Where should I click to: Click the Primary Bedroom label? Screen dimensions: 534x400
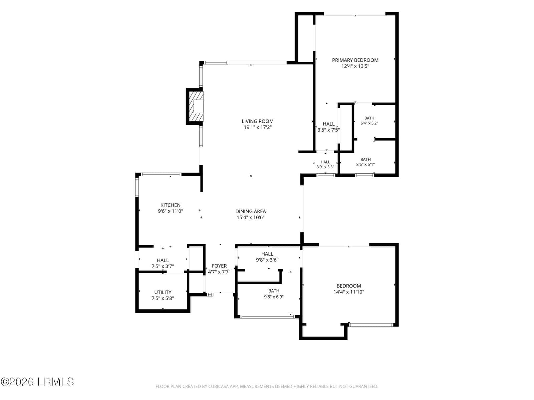coord(355,60)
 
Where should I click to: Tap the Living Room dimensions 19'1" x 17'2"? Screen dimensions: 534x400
coord(257,127)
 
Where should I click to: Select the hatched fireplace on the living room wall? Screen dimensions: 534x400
coord(196,107)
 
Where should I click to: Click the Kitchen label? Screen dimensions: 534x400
coord(170,205)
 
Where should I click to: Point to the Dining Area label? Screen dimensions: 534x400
coord(251,211)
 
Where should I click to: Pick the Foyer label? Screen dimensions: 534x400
coord(219,266)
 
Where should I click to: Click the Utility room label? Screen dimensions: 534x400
coord(163,292)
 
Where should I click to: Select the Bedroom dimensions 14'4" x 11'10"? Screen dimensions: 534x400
coord(349,292)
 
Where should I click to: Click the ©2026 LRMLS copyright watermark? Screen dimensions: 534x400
coord(37,382)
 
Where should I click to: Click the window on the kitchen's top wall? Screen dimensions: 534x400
coord(161,174)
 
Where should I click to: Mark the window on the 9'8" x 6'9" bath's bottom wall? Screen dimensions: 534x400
coord(268,316)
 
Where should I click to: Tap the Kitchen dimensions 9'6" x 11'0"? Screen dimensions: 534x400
coord(170,211)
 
